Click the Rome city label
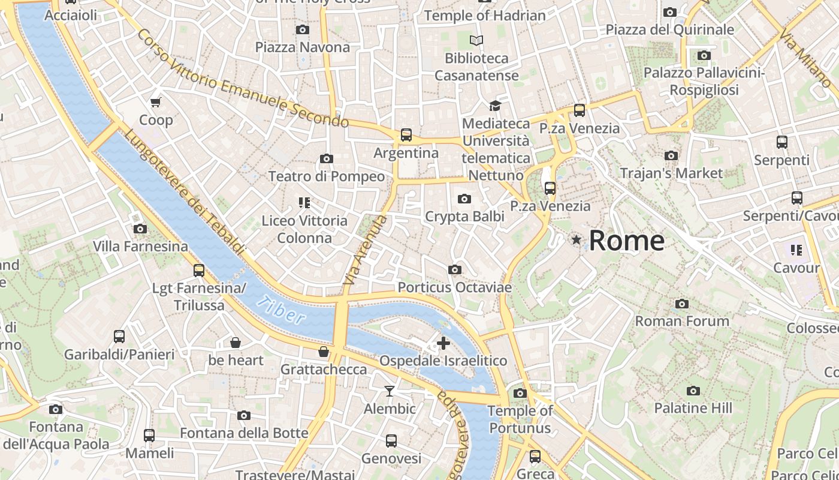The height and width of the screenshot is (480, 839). (x=626, y=241)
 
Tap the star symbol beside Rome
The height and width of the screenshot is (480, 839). (x=577, y=240)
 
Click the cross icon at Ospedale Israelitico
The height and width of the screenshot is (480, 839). (x=443, y=343)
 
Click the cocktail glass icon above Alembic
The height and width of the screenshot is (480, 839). (x=390, y=391)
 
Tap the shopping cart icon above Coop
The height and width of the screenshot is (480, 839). (x=156, y=103)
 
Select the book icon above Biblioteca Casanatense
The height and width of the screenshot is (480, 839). (x=476, y=40)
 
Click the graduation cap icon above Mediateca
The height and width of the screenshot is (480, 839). (x=495, y=106)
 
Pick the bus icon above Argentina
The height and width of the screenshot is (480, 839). (x=406, y=135)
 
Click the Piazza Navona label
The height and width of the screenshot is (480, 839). (x=302, y=47)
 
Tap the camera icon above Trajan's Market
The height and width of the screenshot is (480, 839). (x=671, y=155)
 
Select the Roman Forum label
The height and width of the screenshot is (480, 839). (x=682, y=321)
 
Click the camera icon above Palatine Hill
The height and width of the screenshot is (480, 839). (x=693, y=391)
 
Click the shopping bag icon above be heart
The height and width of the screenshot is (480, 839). (x=236, y=343)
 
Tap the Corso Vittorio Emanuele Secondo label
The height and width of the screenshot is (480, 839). (x=243, y=78)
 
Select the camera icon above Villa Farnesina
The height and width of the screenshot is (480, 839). (x=140, y=229)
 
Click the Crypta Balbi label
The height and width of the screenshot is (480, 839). (x=464, y=216)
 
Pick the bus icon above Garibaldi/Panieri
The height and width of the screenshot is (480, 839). (x=119, y=337)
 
